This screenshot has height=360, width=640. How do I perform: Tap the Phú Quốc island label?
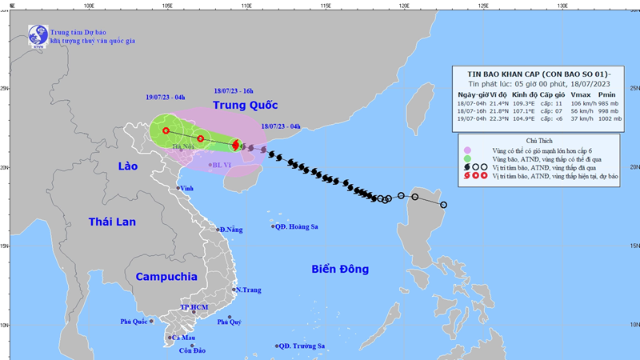pyautogui.click(x=135, y=321)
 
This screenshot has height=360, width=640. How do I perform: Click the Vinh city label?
pyautogui.click(x=188, y=188)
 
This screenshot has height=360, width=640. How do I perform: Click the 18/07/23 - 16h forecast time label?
pyautogui.click(x=234, y=91)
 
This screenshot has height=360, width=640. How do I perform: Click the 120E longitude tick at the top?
pyautogui.click(x=404, y=5)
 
